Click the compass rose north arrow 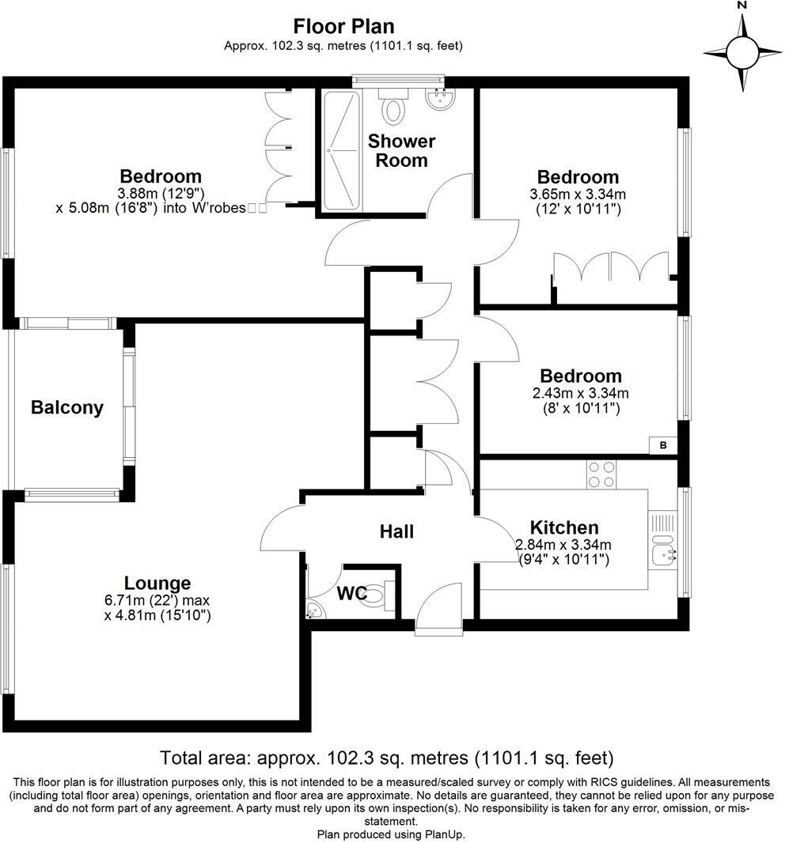(742, 53)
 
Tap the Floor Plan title (343, 27)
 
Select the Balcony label (67, 408)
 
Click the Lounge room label (157, 584)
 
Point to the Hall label (396, 531)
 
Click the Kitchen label (563, 527)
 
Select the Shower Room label (401, 150)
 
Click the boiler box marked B (663, 446)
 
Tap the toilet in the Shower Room (392, 107)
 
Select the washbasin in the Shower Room (436, 99)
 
